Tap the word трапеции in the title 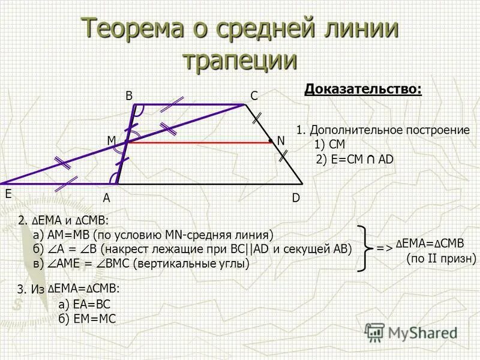[x=240, y=61]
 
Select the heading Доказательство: [x=363, y=90]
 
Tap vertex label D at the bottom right [x=296, y=197]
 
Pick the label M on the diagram [x=111, y=140]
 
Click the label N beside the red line [x=280, y=140]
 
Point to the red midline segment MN [x=198, y=143]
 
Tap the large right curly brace [x=364, y=248]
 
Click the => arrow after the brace [x=384, y=247]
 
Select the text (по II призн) [x=441, y=259]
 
